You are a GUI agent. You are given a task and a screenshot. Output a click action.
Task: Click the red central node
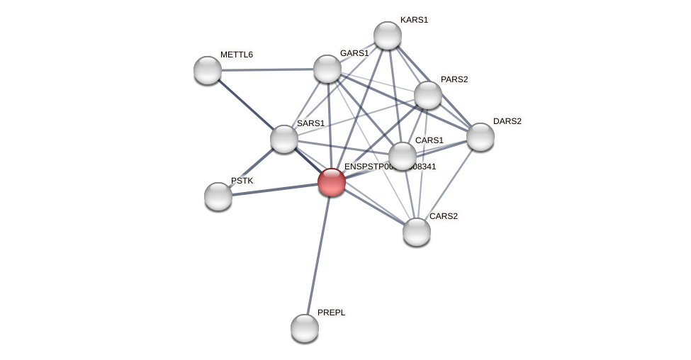point(332,182)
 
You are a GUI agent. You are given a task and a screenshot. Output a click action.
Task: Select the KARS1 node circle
point(388,35)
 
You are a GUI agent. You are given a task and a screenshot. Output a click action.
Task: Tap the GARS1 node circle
point(327,69)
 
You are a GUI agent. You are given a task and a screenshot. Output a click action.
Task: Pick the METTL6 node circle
point(208,70)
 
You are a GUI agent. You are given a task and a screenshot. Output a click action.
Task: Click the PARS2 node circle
point(428,95)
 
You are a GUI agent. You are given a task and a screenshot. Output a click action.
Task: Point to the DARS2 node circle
point(481,137)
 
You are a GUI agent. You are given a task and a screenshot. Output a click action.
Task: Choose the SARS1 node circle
point(284,139)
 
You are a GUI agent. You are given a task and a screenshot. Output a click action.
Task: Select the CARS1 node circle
point(403,156)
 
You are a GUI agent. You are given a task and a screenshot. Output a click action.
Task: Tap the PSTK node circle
point(218,196)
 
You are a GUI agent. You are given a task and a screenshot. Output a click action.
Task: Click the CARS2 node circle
point(417,232)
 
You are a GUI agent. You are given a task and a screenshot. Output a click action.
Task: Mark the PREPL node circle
point(305,328)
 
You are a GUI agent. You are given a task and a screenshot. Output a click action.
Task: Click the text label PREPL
point(331,313)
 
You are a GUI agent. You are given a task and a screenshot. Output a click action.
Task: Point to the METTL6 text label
point(236,55)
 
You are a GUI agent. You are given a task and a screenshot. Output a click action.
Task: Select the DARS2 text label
point(507,121)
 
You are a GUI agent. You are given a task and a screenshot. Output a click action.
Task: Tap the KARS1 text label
point(414,20)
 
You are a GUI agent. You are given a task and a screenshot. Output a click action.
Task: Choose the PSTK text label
point(242,181)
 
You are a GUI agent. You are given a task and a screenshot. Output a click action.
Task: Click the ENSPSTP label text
point(390,167)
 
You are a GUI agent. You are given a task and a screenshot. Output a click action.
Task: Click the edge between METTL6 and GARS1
point(267,69)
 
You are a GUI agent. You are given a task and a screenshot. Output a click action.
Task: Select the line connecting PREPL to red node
point(318,255)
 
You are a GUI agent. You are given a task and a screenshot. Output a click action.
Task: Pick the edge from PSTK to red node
point(275,189)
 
